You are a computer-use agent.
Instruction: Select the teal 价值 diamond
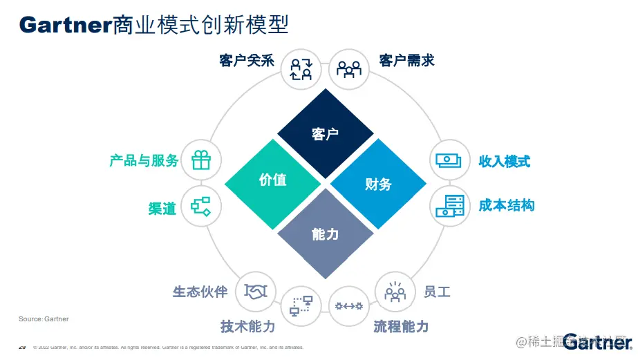point(273,180)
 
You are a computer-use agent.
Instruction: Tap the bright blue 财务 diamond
point(378,184)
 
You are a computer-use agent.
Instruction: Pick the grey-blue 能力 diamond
point(326,234)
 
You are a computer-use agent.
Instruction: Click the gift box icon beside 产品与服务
point(201,160)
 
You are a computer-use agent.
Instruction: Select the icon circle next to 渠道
point(201,205)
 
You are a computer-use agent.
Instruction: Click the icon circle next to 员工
point(395,291)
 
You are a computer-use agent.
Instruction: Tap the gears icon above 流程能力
point(348,305)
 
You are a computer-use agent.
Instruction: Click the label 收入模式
point(505,162)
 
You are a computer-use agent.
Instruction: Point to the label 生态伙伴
point(200,292)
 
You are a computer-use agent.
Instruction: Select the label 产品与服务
point(144,161)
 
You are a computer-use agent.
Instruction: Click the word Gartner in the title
point(66,25)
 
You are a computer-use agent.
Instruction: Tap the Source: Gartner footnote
point(44,319)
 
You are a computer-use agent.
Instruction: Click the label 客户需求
point(407,61)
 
